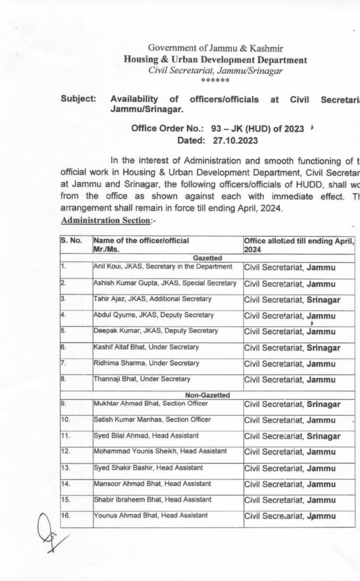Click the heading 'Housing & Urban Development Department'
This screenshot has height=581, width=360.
coord(215,60)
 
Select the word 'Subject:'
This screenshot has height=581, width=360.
coord(78,99)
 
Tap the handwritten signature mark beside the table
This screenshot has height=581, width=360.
coord(48,534)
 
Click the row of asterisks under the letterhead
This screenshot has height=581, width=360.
coord(215,81)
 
